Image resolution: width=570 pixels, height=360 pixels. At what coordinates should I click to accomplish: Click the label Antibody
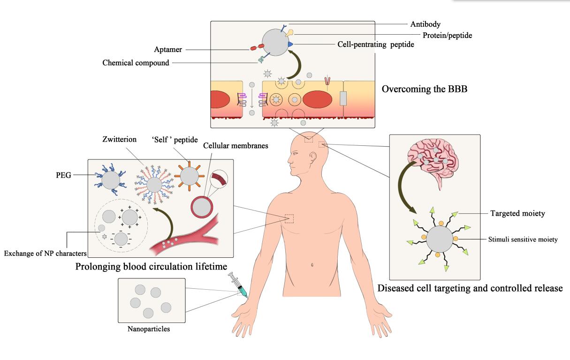(425, 24)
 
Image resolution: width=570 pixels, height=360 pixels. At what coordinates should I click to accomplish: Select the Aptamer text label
(168, 49)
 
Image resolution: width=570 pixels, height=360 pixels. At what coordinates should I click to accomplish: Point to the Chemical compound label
(136, 63)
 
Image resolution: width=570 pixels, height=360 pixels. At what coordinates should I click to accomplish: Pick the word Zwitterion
(119, 140)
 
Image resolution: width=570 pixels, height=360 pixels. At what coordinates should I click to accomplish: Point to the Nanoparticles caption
(149, 329)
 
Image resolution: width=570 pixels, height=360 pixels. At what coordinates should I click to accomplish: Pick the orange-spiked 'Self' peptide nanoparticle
(190, 176)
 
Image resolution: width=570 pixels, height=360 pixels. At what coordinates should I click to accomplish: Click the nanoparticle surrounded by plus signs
(130, 217)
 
